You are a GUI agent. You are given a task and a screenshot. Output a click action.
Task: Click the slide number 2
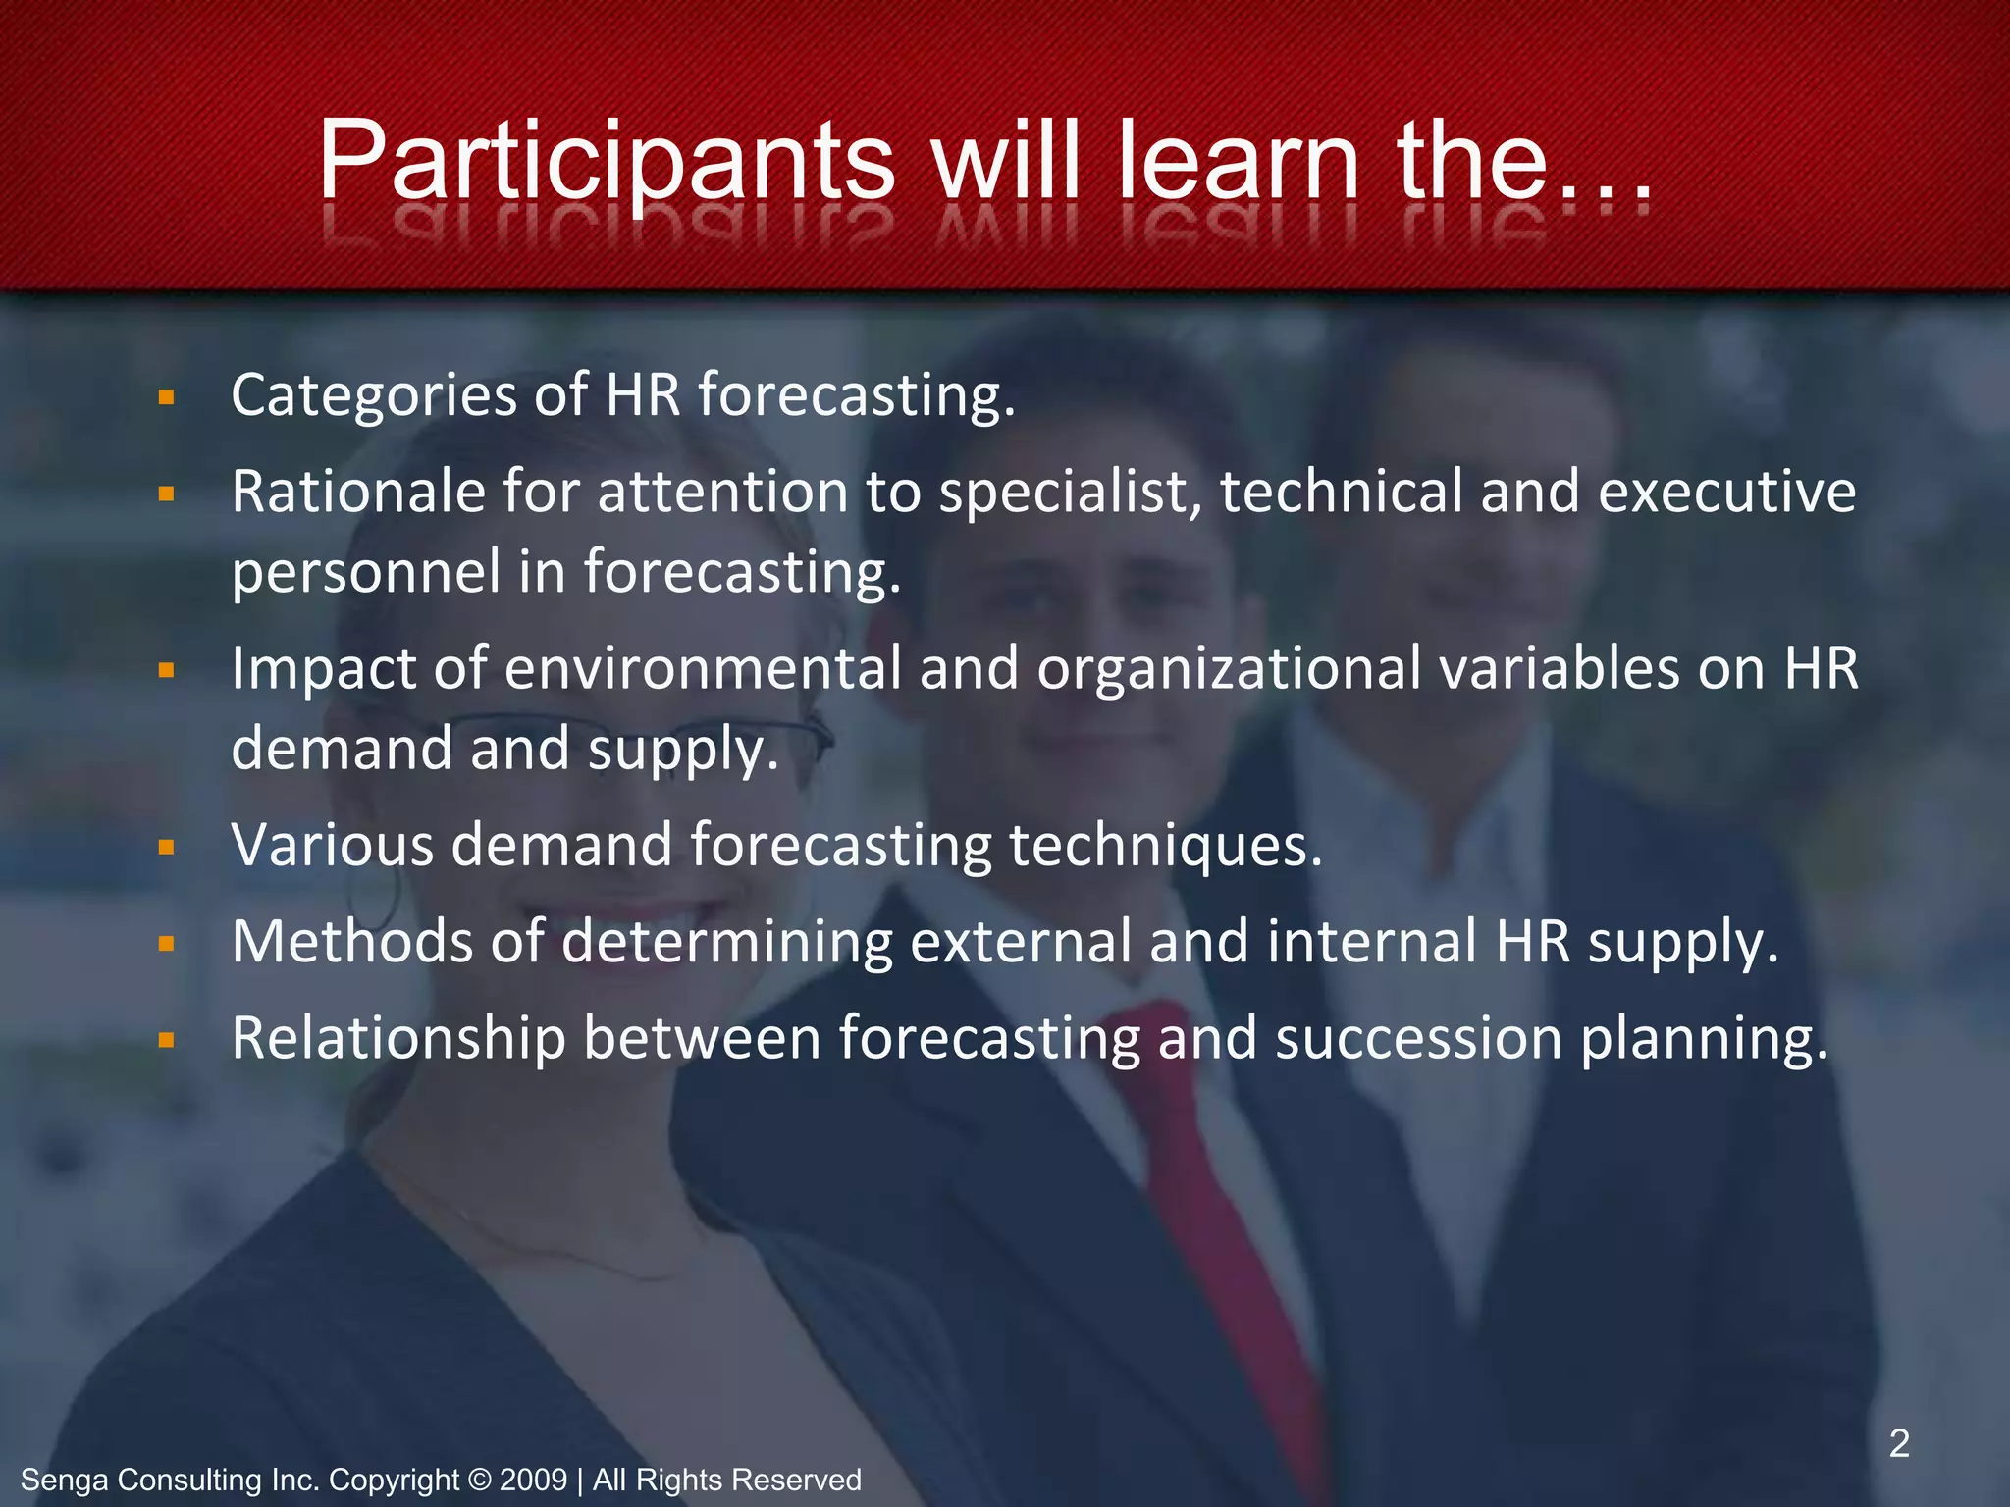(1899, 1443)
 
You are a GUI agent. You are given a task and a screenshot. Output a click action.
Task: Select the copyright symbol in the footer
(479, 1480)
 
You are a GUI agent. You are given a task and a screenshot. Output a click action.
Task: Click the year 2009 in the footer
(533, 1480)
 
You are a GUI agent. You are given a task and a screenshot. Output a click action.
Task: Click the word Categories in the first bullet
(373, 396)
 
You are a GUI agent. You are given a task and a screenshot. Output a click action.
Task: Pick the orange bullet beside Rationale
(166, 493)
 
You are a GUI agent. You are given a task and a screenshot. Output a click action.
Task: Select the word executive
(1726, 491)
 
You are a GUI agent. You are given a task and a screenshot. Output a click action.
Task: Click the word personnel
(366, 573)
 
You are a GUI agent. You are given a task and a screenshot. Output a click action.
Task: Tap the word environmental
(702, 668)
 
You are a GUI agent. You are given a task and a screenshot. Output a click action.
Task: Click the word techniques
(1165, 846)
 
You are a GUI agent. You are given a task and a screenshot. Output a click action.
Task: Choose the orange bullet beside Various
(166, 846)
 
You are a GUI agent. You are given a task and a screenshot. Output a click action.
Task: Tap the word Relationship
(398, 1038)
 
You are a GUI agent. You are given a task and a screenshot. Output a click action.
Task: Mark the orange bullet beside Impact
(166, 670)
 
